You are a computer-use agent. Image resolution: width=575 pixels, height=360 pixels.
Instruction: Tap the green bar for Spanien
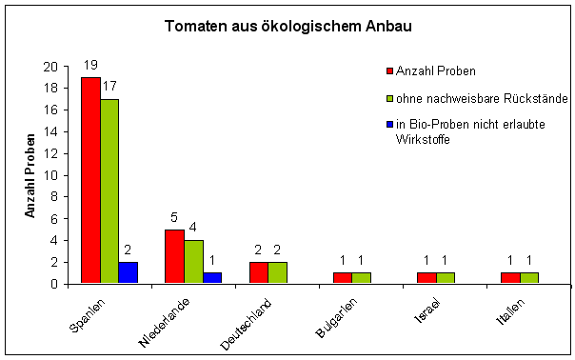coord(109,190)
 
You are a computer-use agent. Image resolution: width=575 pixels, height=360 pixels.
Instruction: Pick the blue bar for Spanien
coord(129,272)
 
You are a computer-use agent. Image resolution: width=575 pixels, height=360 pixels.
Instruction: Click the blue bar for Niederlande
coord(212,278)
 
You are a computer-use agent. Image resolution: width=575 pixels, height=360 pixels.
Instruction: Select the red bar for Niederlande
coord(174,256)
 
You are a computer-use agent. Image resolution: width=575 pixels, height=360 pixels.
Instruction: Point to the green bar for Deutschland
coord(277,272)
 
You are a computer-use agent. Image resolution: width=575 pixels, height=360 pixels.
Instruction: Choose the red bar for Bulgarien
coord(342,278)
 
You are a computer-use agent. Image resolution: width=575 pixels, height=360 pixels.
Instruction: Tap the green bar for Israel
coord(445,278)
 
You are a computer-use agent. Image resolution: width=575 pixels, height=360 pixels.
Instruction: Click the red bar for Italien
coord(509,278)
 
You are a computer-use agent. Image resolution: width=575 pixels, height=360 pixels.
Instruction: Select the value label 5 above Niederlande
coord(174,218)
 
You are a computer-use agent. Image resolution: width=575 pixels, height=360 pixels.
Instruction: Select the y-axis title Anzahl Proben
coord(30,175)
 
